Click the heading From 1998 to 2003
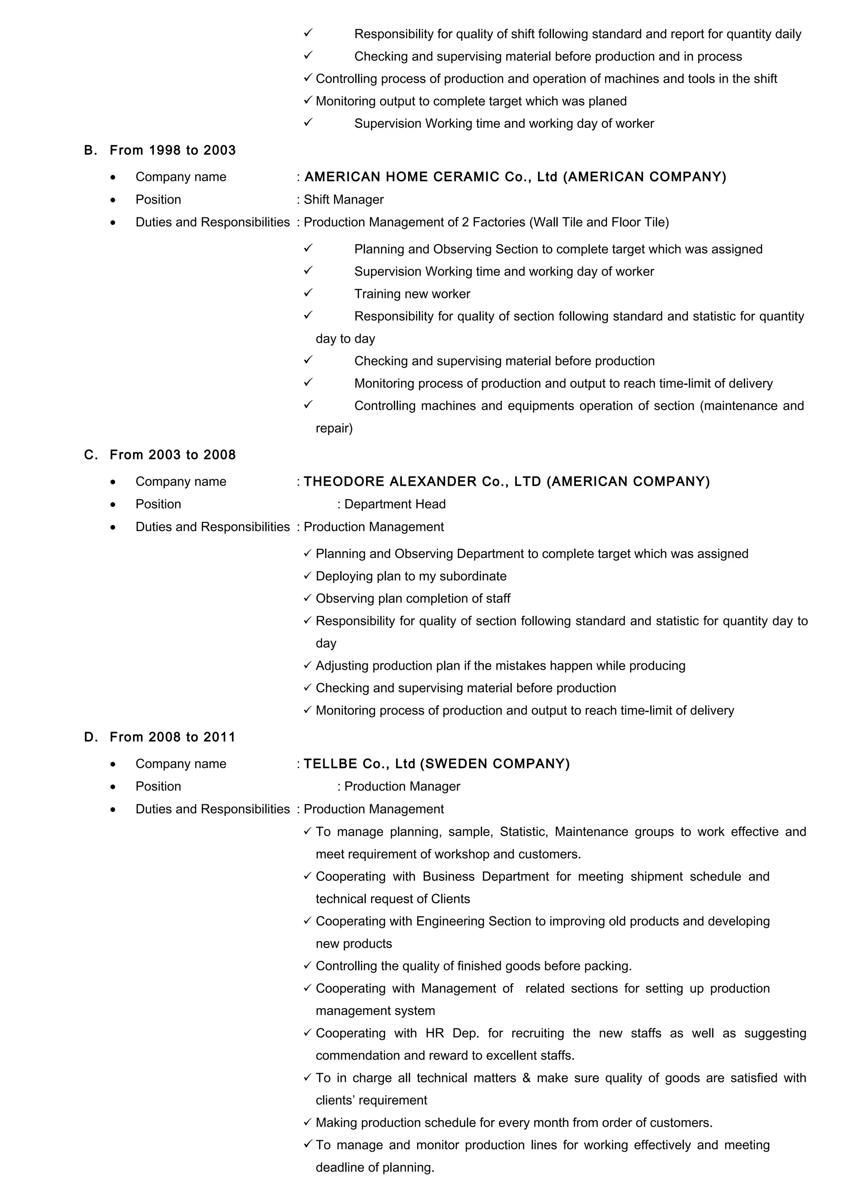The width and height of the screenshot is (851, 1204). [172, 150]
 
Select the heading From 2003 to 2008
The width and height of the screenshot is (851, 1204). [172, 455]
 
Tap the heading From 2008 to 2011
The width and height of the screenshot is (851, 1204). [172, 737]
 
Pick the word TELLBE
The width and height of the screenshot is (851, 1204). [330, 764]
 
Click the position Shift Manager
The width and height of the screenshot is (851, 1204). [344, 200]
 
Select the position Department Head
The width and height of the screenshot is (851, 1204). [395, 504]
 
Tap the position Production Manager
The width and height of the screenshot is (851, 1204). [402, 786]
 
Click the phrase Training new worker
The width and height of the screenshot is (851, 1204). [412, 294]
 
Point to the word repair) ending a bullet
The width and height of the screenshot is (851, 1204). [334, 428]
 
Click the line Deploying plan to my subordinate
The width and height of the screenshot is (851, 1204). [411, 576]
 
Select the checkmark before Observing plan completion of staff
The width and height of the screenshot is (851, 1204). [308, 598]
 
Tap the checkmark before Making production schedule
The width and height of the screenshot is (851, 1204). [308, 1122]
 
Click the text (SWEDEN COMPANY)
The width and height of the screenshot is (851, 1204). [495, 764]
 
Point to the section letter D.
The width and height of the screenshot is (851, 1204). [90, 737]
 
